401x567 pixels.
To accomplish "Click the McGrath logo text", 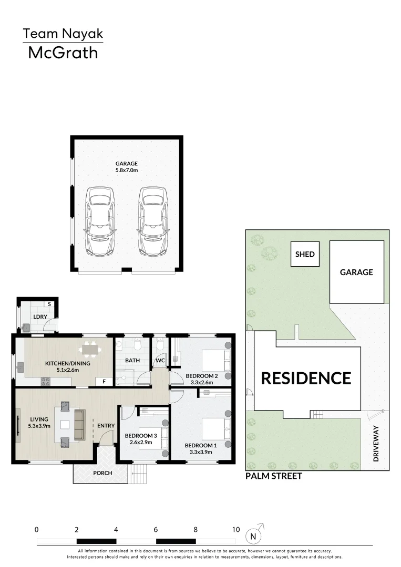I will (x=63, y=52).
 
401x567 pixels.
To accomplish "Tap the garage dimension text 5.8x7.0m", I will (x=126, y=170).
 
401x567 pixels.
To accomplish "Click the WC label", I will (x=160, y=361).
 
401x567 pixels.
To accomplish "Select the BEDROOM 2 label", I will (x=201, y=376).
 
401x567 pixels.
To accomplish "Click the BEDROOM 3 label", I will (x=140, y=436).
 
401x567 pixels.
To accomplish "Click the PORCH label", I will (x=102, y=472).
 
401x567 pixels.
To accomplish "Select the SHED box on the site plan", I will (x=305, y=255).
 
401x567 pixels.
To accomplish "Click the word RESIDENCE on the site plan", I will (x=306, y=378).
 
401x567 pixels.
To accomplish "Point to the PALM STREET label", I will (x=273, y=476).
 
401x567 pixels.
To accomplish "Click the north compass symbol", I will (x=254, y=535).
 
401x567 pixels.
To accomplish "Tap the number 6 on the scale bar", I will (x=156, y=530).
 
